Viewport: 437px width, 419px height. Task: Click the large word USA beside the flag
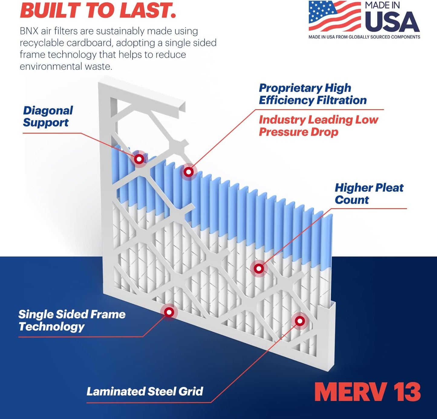pyautogui.click(x=392, y=22)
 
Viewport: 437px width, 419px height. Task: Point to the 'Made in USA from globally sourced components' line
pyautogui.click(x=364, y=37)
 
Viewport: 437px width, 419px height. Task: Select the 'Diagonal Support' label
pyautogui.click(x=48, y=116)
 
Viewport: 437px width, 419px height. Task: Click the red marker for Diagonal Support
pyautogui.click(x=139, y=159)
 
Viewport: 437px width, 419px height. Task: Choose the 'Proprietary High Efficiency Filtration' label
pyautogui.click(x=312, y=94)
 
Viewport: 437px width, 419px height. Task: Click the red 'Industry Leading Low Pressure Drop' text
pyautogui.click(x=318, y=126)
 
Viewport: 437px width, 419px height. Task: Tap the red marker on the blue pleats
pyautogui.click(x=189, y=172)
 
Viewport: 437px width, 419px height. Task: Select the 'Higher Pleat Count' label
pyautogui.click(x=369, y=193)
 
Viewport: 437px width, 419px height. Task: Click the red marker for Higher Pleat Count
pyautogui.click(x=259, y=268)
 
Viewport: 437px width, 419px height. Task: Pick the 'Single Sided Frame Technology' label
pyautogui.click(x=72, y=320)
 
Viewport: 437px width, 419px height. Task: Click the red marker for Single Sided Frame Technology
pyautogui.click(x=169, y=312)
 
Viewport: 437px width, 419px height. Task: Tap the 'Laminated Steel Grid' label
pyautogui.click(x=145, y=391)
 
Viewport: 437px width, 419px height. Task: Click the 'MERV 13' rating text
pyautogui.click(x=367, y=392)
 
